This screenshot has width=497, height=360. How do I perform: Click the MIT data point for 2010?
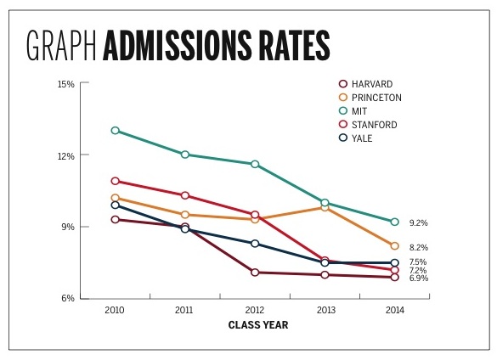click(115, 131)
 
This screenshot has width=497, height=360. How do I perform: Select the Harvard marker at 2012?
click(255, 273)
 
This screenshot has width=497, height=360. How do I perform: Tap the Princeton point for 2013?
click(325, 207)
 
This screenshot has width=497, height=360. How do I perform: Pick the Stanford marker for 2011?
click(184, 195)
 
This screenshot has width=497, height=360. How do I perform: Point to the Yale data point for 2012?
click(255, 244)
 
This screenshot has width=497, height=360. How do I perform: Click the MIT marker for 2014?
click(395, 222)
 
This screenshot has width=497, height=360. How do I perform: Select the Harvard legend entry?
click(371, 83)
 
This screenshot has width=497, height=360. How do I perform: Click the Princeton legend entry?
click(376, 98)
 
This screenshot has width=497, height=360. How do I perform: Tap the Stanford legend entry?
click(374, 125)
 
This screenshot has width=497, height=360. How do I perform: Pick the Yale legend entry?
click(363, 138)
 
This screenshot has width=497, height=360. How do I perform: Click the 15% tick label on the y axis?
click(66, 84)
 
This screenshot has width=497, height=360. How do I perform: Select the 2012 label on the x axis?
click(255, 311)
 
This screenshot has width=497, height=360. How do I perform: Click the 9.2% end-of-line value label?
click(419, 222)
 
